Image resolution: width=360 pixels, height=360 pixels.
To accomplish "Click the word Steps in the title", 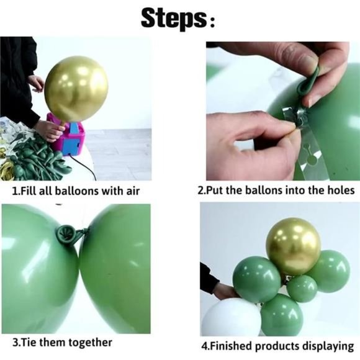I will point(173,19).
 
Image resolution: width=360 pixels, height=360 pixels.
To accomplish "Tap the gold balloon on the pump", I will point(76,88).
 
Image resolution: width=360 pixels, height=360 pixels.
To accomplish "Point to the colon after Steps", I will point(213,23).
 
